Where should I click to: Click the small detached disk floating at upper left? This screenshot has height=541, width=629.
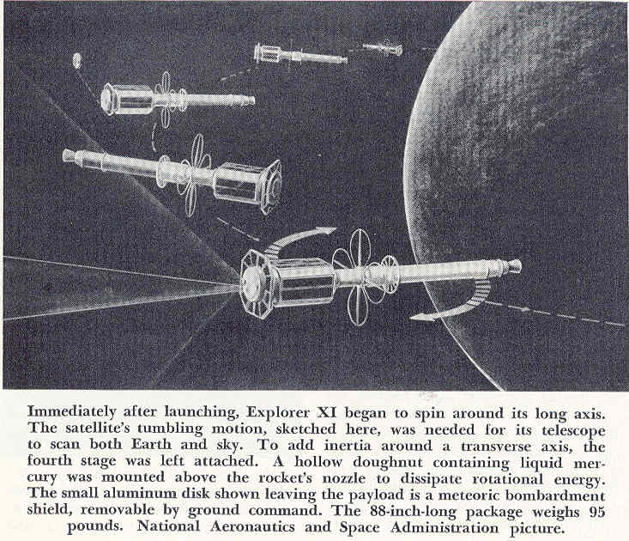76,61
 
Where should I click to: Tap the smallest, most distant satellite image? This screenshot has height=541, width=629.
383,49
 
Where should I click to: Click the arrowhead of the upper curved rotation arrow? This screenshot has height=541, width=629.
328,231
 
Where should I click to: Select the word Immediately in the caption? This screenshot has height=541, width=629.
72,412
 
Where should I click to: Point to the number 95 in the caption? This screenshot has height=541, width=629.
596,512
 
